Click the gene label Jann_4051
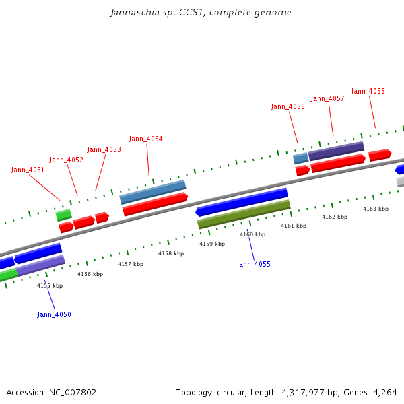[28, 170]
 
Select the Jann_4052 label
[67, 160]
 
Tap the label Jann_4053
[104, 150]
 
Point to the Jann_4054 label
[145, 139]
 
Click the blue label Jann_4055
[253, 265]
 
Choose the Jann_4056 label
[288, 107]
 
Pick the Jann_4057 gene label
[327, 99]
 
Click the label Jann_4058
[368, 92]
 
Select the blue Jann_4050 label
[54, 315]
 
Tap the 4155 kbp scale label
[50, 285]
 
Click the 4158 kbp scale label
[171, 254]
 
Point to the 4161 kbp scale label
[294, 226]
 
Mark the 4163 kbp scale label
[376, 209]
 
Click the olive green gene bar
[244, 214]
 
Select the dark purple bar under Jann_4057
[336, 151]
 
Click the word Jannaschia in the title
[131, 13]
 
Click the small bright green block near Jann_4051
[64, 215]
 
